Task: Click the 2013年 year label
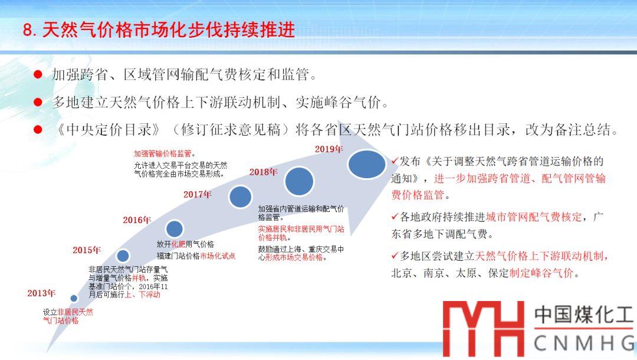click(41, 293)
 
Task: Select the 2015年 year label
click(87, 250)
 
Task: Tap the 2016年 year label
click(137, 220)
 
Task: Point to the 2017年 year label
click(198, 194)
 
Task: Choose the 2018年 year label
click(263, 172)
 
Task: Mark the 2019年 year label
click(329, 149)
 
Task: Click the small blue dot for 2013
click(74, 298)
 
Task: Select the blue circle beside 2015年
click(123, 256)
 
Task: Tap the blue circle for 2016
click(175, 229)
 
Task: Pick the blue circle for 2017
click(241, 197)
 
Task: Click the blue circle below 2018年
click(299, 181)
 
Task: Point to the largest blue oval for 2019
click(367, 164)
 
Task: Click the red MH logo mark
click(484, 329)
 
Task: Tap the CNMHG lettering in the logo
click(584, 343)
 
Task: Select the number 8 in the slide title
click(28, 31)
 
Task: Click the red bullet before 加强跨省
click(38, 74)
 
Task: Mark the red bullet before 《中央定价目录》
click(38, 130)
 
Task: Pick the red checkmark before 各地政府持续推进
click(395, 217)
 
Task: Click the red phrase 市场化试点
click(217, 256)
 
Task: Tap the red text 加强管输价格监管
click(163, 153)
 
